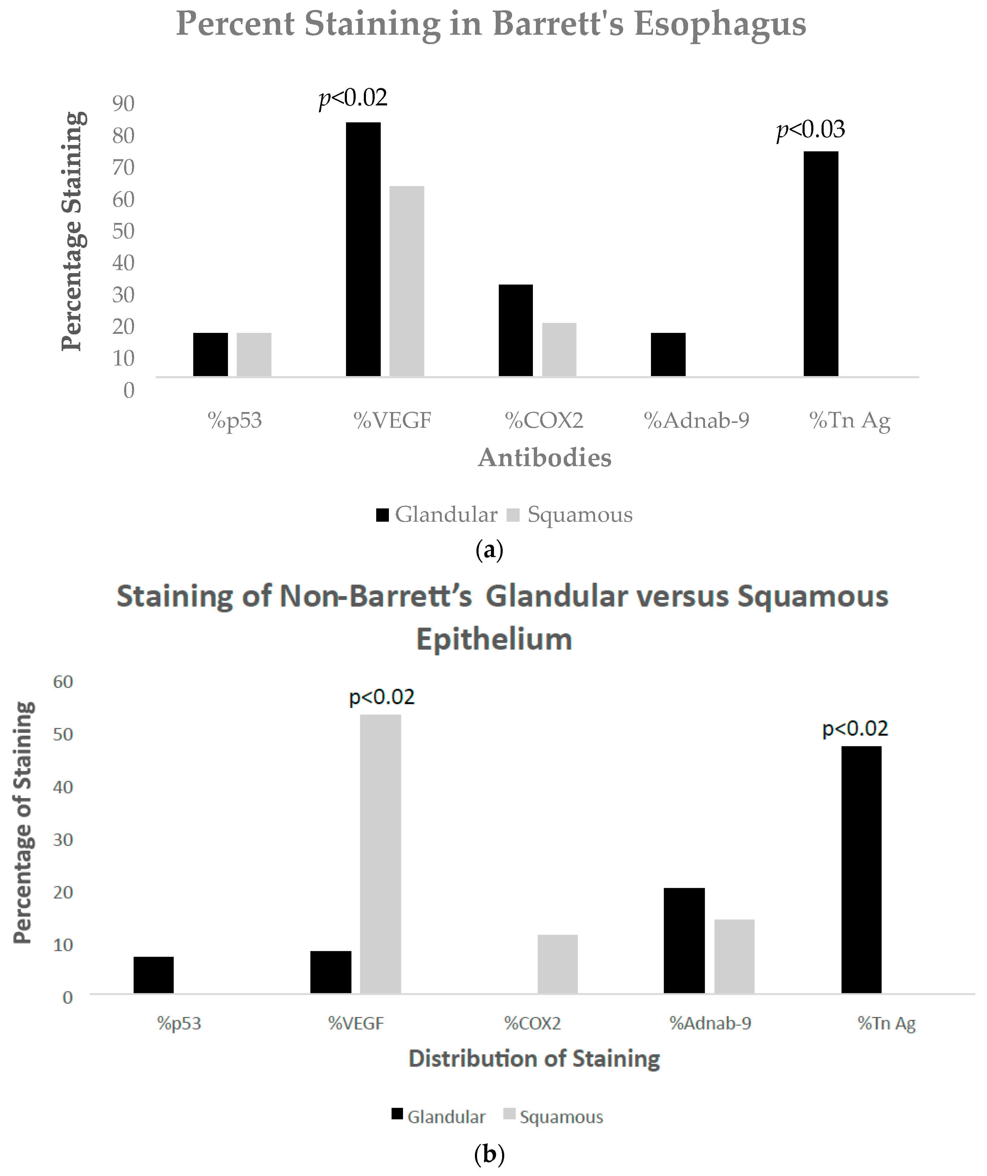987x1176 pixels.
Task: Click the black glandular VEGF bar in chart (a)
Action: [x=363, y=249]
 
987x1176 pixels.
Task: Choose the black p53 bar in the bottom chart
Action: [x=153, y=975]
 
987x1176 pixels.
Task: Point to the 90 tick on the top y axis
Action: [x=123, y=104]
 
